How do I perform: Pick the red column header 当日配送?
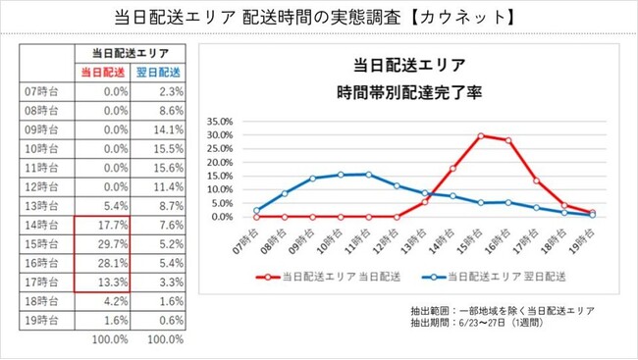(x=101, y=71)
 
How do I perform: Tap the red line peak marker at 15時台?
(x=481, y=135)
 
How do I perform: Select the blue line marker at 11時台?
(x=368, y=174)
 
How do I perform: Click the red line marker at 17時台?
(x=537, y=180)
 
